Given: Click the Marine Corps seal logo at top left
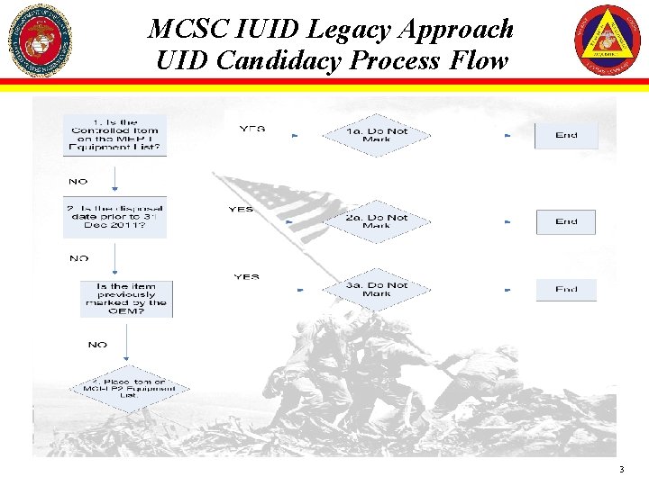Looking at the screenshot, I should point(39,40).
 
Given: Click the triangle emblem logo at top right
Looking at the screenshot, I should point(608,40).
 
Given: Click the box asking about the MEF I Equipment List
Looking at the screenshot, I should point(115,136).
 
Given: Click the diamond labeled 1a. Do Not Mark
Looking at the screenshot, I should point(377,136).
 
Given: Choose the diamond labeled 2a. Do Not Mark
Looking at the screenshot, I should point(377,221).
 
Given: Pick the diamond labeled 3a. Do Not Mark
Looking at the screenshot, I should point(377,290).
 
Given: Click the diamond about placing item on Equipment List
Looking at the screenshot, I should point(129,389).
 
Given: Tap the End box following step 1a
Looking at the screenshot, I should point(566,136).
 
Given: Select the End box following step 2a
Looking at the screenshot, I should point(566,221).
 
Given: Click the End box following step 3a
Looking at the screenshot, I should point(566,290).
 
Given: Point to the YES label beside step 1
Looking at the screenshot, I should point(252,129).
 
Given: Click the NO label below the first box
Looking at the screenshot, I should point(78,181).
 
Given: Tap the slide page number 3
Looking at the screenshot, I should point(621,470).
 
